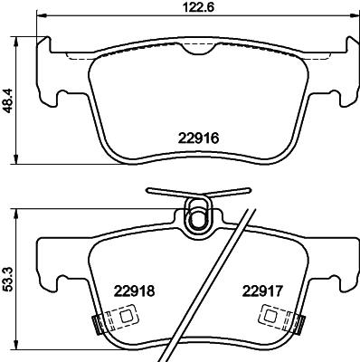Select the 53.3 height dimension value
(x=9, y=274)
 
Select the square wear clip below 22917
(x=273, y=318)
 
